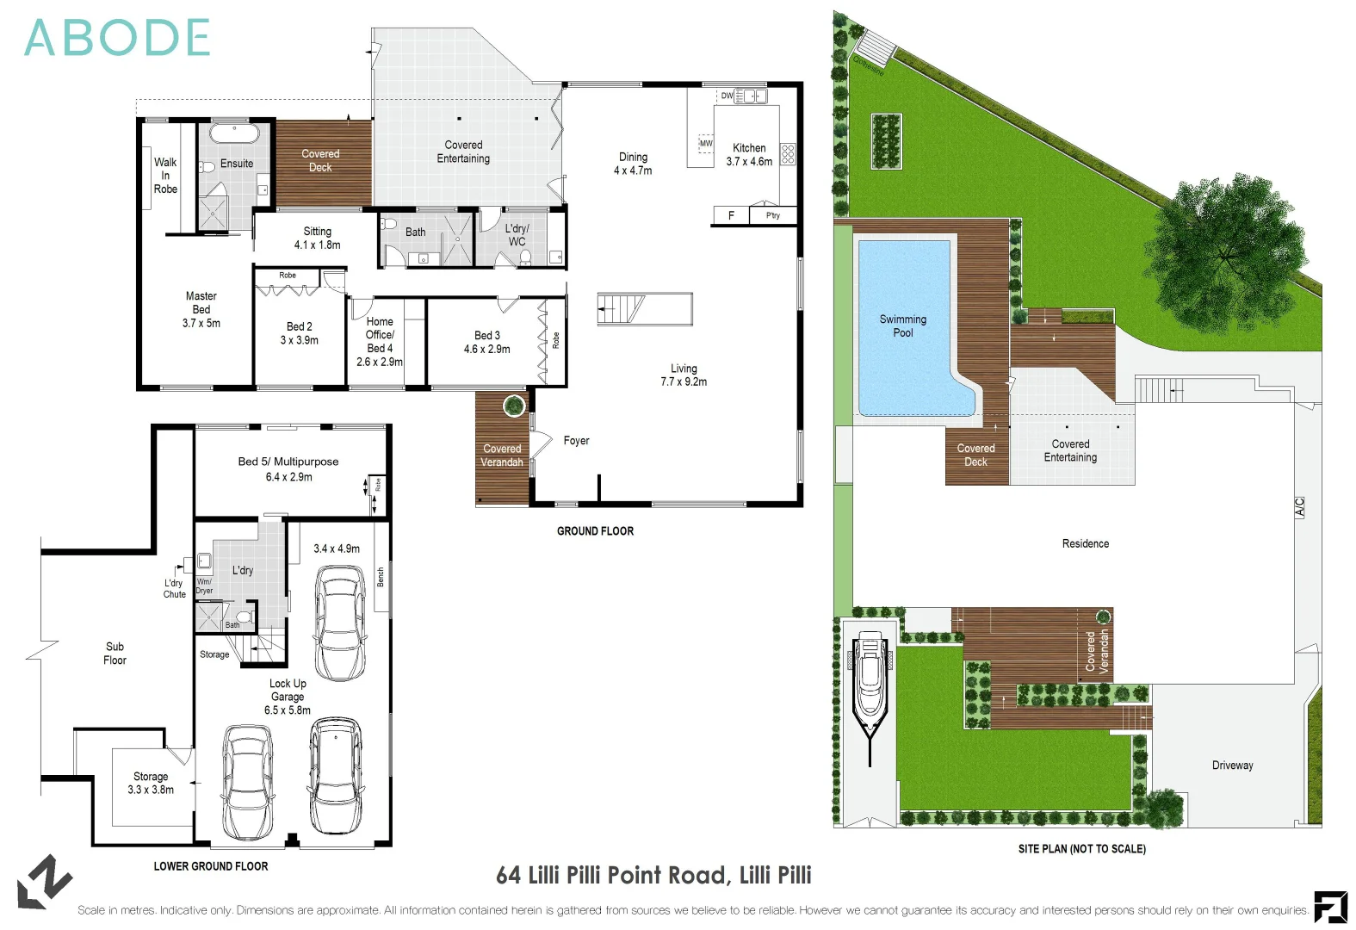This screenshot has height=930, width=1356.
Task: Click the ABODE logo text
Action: coord(117,39)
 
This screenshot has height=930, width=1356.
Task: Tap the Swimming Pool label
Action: coord(902,325)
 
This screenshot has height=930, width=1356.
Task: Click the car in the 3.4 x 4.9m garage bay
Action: coord(340,622)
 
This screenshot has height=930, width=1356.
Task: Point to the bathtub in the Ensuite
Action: coord(234,134)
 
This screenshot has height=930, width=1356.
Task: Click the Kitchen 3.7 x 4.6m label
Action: coord(749,154)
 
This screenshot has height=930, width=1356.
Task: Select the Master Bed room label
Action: coord(201,309)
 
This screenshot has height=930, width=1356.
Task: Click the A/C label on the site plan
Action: coord(1299,507)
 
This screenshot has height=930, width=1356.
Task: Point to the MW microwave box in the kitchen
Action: coord(706,144)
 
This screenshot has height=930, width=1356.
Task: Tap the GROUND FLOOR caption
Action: coord(595,531)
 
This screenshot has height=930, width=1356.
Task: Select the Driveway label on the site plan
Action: coord(1232,766)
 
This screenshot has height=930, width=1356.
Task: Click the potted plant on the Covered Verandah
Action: coord(514,406)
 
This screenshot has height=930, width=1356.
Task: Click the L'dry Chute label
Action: coord(174,588)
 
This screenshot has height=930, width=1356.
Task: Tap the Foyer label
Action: coord(576,441)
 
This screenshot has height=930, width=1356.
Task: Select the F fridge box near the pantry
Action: coord(731,215)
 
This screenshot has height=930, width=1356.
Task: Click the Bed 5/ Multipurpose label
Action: coord(288,468)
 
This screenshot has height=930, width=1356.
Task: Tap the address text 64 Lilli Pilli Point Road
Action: coord(653,876)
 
